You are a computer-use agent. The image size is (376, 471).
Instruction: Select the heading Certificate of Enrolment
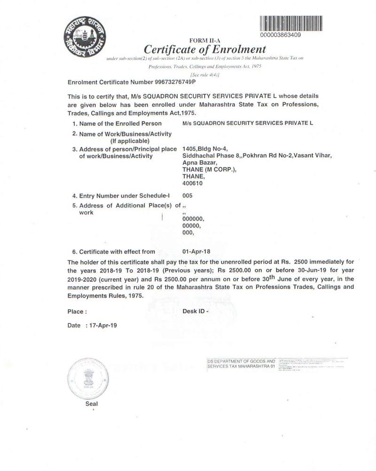pyautogui.click(x=205, y=49)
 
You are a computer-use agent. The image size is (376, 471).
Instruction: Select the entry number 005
pyautogui.click(x=187, y=195)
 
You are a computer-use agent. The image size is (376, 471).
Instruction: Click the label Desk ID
pyautogui.click(x=195, y=311)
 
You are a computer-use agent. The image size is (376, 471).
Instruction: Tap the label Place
pyautogui.click(x=77, y=311)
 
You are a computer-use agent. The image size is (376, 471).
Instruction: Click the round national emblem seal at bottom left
pyautogui.click(x=91, y=377)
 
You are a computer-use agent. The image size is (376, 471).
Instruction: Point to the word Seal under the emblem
pyautogui.click(x=92, y=404)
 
